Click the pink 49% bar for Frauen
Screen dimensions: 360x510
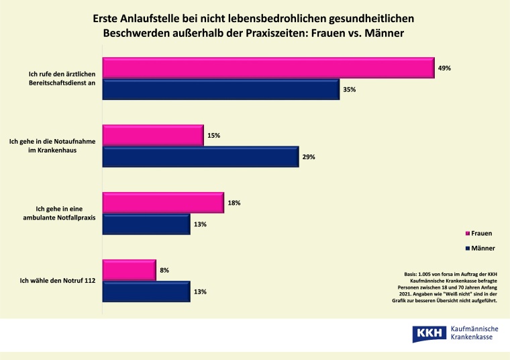[x=268, y=68]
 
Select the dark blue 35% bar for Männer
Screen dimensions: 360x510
[x=221, y=89]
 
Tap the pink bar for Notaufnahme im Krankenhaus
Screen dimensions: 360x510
[x=152, y=135]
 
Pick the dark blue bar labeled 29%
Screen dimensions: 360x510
[x=200, y=156]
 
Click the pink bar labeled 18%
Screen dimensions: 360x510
[x=162, y=202]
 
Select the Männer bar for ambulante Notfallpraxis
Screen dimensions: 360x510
[x=146, y=224]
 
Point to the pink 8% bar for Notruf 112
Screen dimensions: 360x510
[x=129, y=270]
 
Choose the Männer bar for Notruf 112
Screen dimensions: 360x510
[x=146, y=291]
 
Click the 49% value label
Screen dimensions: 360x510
[x=445, y=68]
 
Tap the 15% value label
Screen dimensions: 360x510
[x=214, y=135]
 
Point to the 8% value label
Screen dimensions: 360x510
[x=164, y=270]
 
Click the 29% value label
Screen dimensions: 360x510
[x=309, y=156]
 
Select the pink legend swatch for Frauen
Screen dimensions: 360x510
[x=468, y=234]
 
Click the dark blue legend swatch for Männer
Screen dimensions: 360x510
[x=468, y=249]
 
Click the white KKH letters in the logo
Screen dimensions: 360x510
[x=428, y=332]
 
